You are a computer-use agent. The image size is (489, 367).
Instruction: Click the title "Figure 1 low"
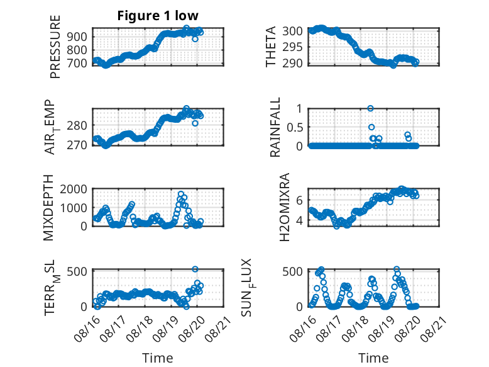158,16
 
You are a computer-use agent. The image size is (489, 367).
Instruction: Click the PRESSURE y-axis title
55,47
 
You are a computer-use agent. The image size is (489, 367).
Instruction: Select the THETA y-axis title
271,47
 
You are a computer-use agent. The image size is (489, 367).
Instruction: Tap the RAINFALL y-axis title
275,127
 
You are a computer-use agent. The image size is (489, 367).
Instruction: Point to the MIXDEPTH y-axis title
48,208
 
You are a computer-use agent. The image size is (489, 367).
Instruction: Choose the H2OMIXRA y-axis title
285,207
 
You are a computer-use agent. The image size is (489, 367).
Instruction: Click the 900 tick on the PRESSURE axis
77,37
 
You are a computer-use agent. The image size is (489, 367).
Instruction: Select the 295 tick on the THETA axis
292,47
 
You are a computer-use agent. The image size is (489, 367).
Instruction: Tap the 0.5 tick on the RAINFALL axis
295,127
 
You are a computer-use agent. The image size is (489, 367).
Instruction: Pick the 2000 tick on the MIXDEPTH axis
74,189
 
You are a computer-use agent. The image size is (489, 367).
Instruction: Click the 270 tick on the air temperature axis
77,145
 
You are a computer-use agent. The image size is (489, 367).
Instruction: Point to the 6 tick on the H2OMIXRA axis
299,200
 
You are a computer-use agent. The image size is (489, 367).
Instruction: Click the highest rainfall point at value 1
370,108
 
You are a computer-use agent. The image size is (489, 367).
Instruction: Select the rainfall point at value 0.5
371,127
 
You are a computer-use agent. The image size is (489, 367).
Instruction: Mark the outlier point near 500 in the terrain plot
195,269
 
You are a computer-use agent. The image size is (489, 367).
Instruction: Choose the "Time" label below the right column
373,358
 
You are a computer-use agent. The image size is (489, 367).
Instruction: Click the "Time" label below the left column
158,358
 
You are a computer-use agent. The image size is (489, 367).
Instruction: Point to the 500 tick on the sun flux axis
292,271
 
